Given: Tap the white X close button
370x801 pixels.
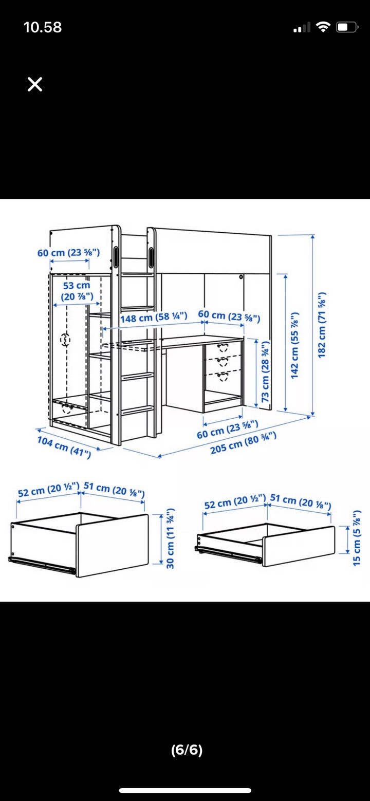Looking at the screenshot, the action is pyautogui.click(x=35, y=84).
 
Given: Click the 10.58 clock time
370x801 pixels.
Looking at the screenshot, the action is pyautogui.click(x=43, y=28).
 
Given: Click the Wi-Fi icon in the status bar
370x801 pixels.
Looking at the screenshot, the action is pyautogui.click(x=323, y=27).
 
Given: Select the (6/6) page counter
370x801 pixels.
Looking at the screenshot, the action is pyautogui.click(x=187, y=750).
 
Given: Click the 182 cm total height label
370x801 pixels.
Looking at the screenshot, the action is pyautogui.click(x=322, y=325).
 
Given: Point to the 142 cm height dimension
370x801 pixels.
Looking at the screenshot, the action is pyautogui.click(x=294, y=345).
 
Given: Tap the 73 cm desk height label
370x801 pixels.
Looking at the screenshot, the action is pyautogui.click(x=265, y=371).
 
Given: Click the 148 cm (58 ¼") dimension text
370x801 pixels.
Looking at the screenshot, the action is pyautogui.click(x=154, y=317).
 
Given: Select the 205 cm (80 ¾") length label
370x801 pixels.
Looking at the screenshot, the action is pyautogui.click(x=244, y=443).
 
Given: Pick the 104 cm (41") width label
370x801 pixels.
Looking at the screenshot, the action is pyautogui.click(x=64, y=446).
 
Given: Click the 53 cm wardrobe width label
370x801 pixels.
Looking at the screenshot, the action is pyautogui.click(x=77, y=291).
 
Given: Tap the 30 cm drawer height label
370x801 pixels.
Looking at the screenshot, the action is pyautogui.click(x=170, y=538).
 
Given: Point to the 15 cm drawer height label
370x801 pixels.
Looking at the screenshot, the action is pyautogui.click(x=357, y=538).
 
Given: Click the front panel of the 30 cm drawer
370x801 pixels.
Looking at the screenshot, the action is pyautogui.click(x=112, y=545).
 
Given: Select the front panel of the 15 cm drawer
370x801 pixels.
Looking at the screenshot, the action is pyautogui.click(x=299, y=546).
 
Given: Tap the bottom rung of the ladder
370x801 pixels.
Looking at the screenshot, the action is pyautogui.click(x=138, y=411).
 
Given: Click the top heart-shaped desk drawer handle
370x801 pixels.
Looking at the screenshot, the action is pyautogui.click(x=223, y=347).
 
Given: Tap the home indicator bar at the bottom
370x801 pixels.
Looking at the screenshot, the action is pyautogui.click(x=185, y=790).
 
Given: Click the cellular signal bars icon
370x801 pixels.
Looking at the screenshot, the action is pyautogui.click(x=302, y=28).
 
